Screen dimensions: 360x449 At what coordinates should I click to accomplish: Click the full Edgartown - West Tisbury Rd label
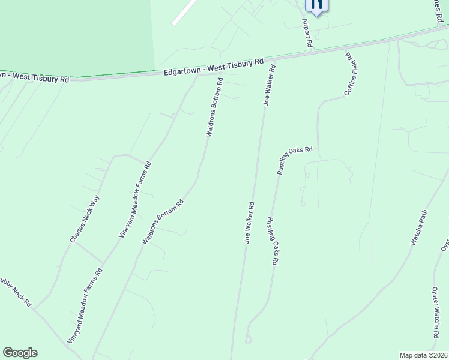214,67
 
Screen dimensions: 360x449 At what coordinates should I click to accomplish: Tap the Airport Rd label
307,34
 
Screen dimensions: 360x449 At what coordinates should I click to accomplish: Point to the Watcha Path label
418,228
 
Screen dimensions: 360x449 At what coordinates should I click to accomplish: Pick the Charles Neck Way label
84,220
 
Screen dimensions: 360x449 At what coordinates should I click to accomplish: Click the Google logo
20,353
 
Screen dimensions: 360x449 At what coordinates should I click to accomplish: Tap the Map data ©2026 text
424,355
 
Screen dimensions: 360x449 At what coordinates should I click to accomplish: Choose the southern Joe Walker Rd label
249,223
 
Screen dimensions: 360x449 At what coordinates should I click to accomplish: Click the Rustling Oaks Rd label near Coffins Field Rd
295,160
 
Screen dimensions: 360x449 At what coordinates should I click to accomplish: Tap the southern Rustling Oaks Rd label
273,241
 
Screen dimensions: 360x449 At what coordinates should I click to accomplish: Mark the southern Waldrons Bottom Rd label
162,222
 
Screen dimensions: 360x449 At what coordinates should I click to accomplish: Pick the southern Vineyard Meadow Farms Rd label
85,307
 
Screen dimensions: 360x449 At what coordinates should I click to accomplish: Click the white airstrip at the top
184,12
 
